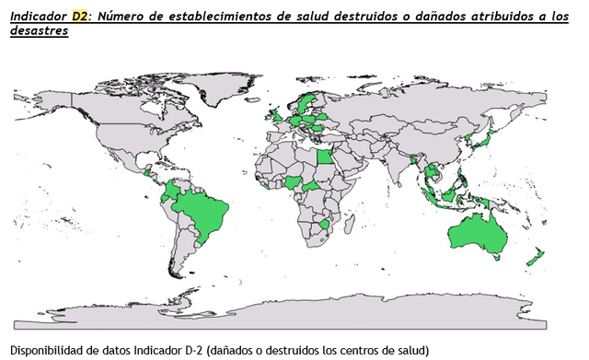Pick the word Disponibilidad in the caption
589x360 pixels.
[47, 350]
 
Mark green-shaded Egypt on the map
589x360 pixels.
[324, 156]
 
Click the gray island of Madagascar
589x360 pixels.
[351, 227]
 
